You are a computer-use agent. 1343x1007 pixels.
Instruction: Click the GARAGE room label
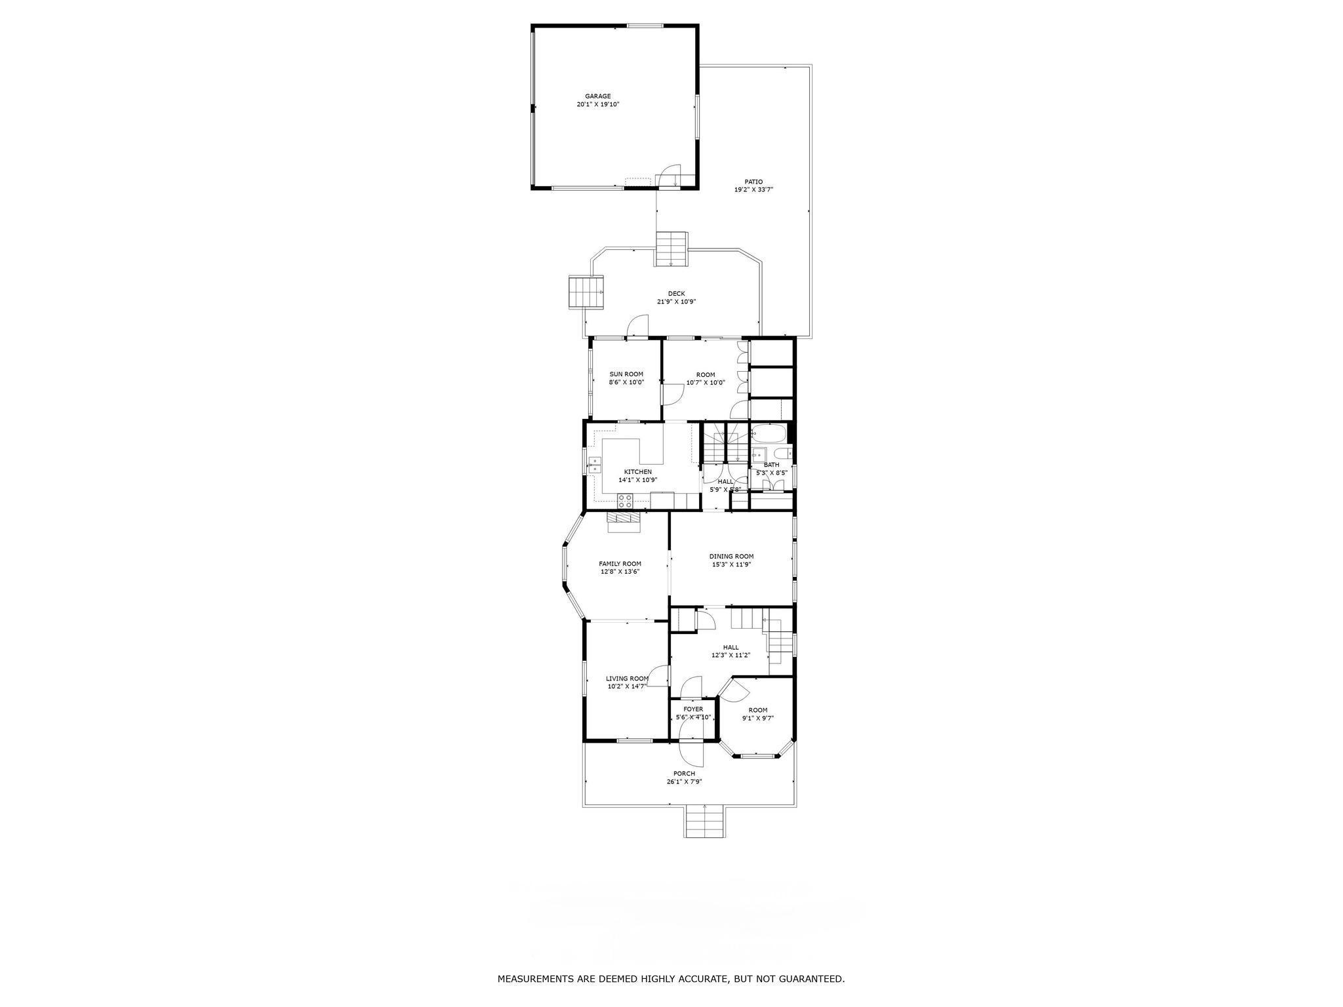[x=597, y=96]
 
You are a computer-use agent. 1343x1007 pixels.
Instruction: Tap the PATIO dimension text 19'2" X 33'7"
[x=753, y=189]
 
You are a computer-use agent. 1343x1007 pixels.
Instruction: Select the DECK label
[x=676, y=294]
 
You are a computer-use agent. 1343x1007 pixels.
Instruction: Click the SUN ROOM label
[x=626, y=374]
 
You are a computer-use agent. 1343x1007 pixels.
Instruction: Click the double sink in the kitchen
[x=136, y=465]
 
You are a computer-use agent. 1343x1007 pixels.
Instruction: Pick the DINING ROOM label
[x=731, y=557]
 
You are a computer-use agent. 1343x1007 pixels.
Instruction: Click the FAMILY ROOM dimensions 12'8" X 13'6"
[x=620, y=572]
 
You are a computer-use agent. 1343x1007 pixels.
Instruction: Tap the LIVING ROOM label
[x=627, y=679]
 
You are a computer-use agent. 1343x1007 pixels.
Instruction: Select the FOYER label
[x=693, y=709]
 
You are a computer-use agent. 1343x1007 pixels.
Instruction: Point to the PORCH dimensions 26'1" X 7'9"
[x=684, y=781]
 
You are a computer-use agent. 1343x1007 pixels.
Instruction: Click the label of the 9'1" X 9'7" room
[x=758, y=710]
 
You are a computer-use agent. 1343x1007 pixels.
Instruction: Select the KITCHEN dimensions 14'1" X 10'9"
[x=637, y=480]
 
